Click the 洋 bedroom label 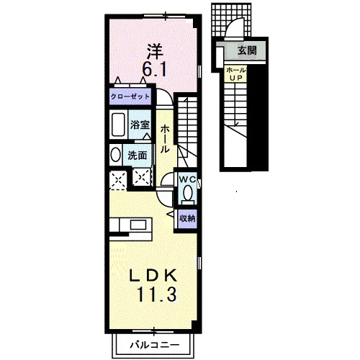(x=155, y=52)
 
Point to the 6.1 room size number (x=154, y=69)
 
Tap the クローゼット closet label (x=130, y=96)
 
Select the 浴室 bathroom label (x=140, y=125)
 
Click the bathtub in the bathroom (x=118, y=125)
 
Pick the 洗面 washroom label (x=138, y=156)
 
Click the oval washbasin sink (x=116, y=155)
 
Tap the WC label (x=187, y=179)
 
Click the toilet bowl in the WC (x=188, y=193)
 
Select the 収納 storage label (x=188, y=218)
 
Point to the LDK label (x=153, y=275)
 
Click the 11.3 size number (x=157, y=294)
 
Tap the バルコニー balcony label (x=155, y=345)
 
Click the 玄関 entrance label (x=247, y=50)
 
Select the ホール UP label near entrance (x=236, y=74)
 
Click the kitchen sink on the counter (x=138, y=225)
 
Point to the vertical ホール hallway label (x=165, y=139)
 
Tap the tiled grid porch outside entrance (x=231, y=19)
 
